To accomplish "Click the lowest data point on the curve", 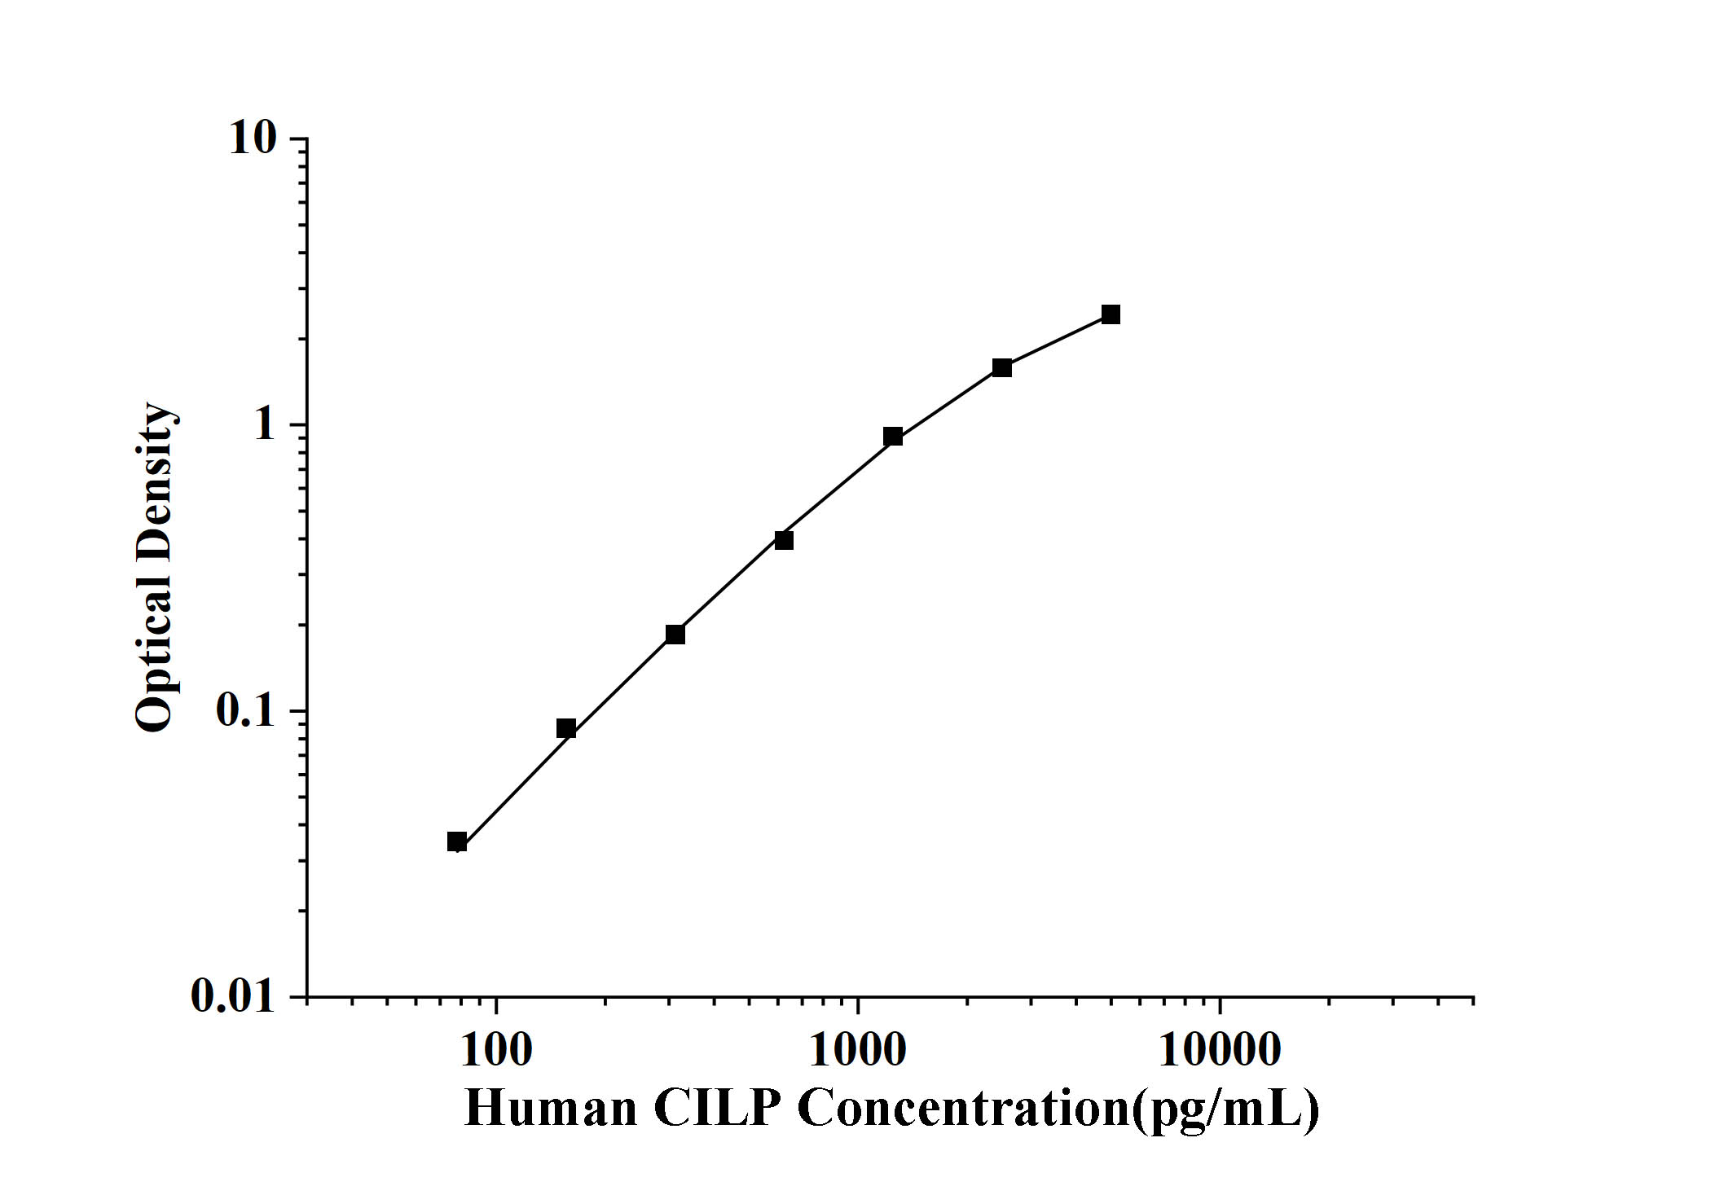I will (x=457, y=841).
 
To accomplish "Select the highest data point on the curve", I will (x=1111, y=314).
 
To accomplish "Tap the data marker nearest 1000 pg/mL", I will (x=893, y=437).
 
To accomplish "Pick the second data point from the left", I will (x=566, y=728).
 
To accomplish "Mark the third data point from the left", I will (x=675, y=635).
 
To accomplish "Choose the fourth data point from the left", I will (x=784, y=540).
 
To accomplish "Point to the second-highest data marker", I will (x=1002, y=368).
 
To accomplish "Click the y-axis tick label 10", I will (x=253, y=138).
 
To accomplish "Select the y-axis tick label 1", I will (x=265, y=424).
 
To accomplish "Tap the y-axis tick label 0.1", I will (x=246, y=711).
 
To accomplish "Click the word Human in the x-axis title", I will (x=551, y=1109).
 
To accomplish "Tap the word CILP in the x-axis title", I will (x=717, y=1109).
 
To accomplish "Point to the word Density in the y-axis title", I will (x=155, y=481).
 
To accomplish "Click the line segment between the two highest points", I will (x=1057, y=341).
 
